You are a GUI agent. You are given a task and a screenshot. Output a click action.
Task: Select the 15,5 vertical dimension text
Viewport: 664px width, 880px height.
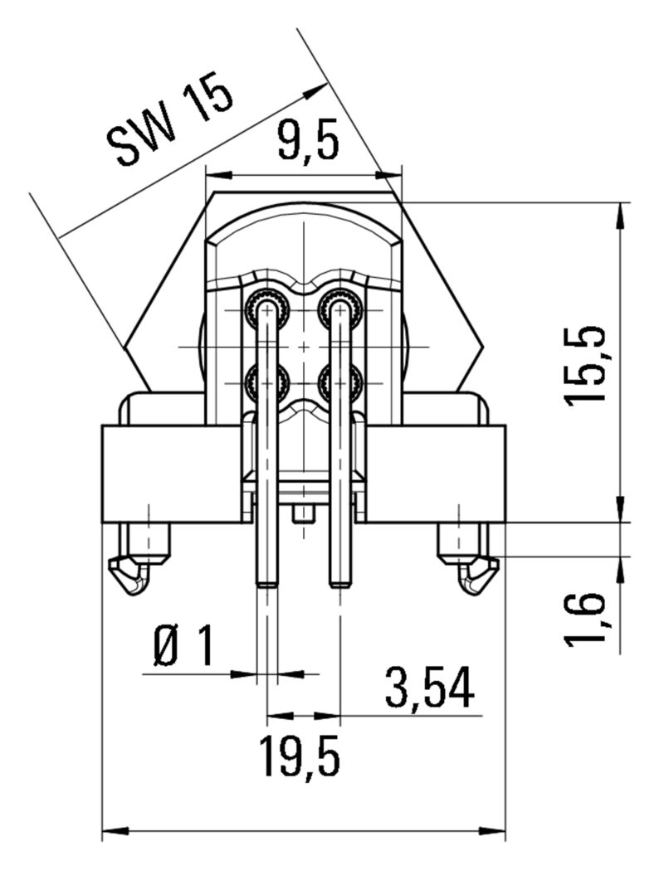[x=586, y=365]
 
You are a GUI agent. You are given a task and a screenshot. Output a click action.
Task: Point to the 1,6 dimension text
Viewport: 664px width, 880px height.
[x=586, y=618]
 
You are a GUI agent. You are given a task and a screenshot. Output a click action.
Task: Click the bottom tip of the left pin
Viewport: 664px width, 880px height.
[x=266, y=584]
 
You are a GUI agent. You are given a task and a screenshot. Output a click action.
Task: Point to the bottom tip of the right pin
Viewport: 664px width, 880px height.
[x=339, y=584]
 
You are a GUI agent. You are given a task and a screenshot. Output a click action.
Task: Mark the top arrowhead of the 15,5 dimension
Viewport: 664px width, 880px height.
[x=621, y=211]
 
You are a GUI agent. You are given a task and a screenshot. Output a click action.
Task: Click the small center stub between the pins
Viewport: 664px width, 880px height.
[x=304, y=514]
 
